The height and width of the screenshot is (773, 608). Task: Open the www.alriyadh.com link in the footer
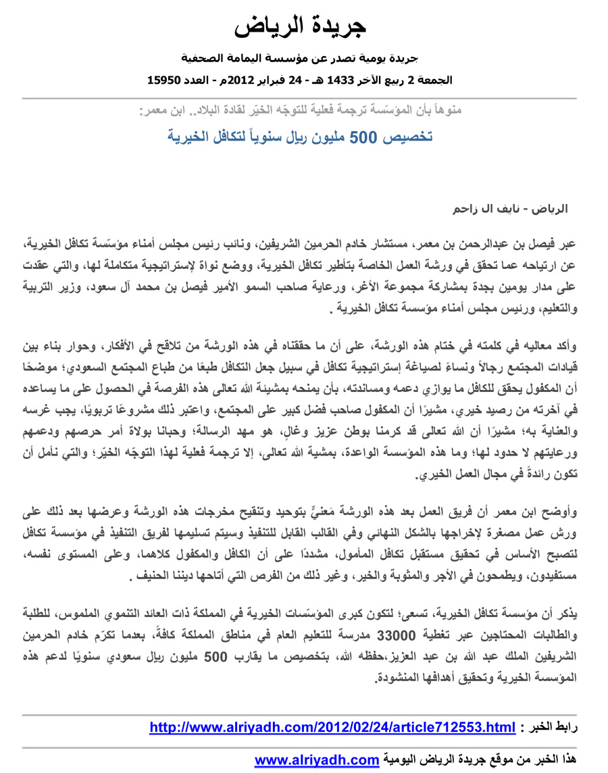click(316, 760)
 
